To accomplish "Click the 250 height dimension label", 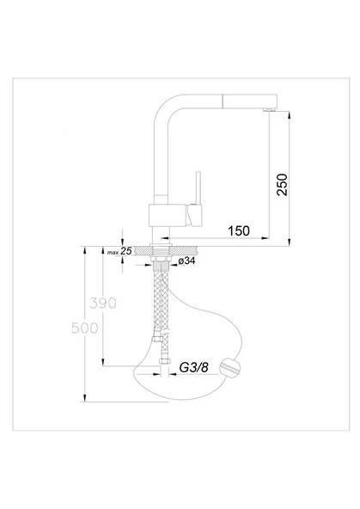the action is pos(282,185).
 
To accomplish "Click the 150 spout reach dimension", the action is pos(239,230).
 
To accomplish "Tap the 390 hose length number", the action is pos(103,304).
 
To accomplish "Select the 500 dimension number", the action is pos(85,328).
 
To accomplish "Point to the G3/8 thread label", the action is pos(193,367).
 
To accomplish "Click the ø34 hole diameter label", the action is pos(186,261).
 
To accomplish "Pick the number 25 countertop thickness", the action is pos(126,250).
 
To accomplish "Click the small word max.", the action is pos(113,252).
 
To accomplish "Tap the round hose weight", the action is pos(230,368).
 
